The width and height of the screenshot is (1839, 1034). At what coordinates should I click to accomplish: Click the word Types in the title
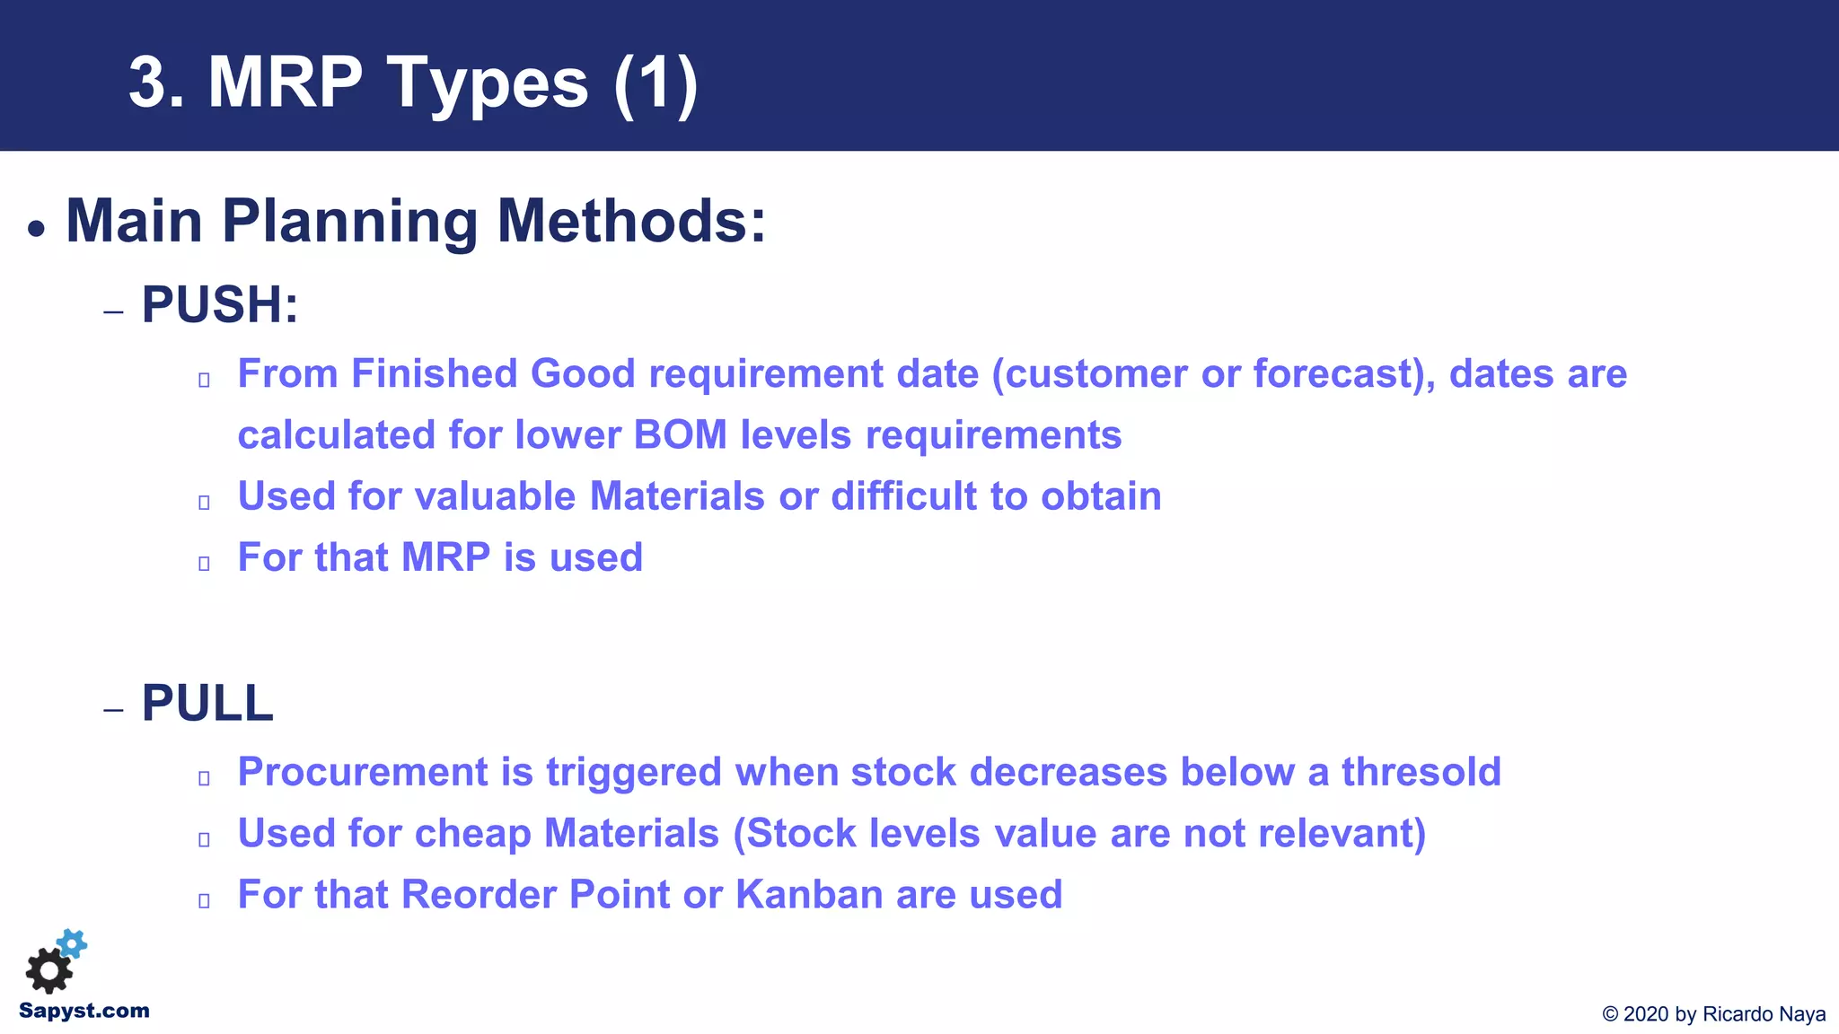pyautogui.click(x=488, y=83)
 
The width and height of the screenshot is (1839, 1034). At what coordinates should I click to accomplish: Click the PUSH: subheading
pyautogui.click(x=220, y=304)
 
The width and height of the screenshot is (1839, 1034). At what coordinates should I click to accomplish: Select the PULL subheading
pyautogui.click(x=207, y=703)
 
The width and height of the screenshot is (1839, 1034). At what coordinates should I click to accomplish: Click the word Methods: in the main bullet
pyautogui.click(x=631, y=221)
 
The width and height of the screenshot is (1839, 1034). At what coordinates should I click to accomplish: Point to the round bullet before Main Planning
pyautogui.click(x=36, y=229)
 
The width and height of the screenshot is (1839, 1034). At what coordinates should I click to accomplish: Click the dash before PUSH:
pyautogui.click(x=113, y=312)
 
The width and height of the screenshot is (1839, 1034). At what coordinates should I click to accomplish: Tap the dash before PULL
pyautogui.click(x=113, y=711)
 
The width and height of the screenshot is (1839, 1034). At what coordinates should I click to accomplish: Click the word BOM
pyautogui.click(x=680, y=435)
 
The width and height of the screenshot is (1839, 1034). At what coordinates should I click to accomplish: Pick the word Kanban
pyautogui.click(x=809, y=895)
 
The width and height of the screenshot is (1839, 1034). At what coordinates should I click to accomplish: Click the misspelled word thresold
pyautogui.click(x=1421, y=772)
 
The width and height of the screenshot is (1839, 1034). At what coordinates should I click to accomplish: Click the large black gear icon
pyautogui.click(x=48, y=971)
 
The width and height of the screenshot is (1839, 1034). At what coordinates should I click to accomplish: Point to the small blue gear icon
pyautogui.click(x=73, y=943)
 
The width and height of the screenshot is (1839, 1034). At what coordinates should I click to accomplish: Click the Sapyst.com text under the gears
pyautogui.click(x=84, y=1011)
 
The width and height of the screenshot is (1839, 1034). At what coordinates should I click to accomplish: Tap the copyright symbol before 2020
pyautogui.click(x=1610, y=1014)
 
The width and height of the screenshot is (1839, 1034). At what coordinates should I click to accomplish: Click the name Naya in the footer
pyautogui.click(x=1802, y=1014)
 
